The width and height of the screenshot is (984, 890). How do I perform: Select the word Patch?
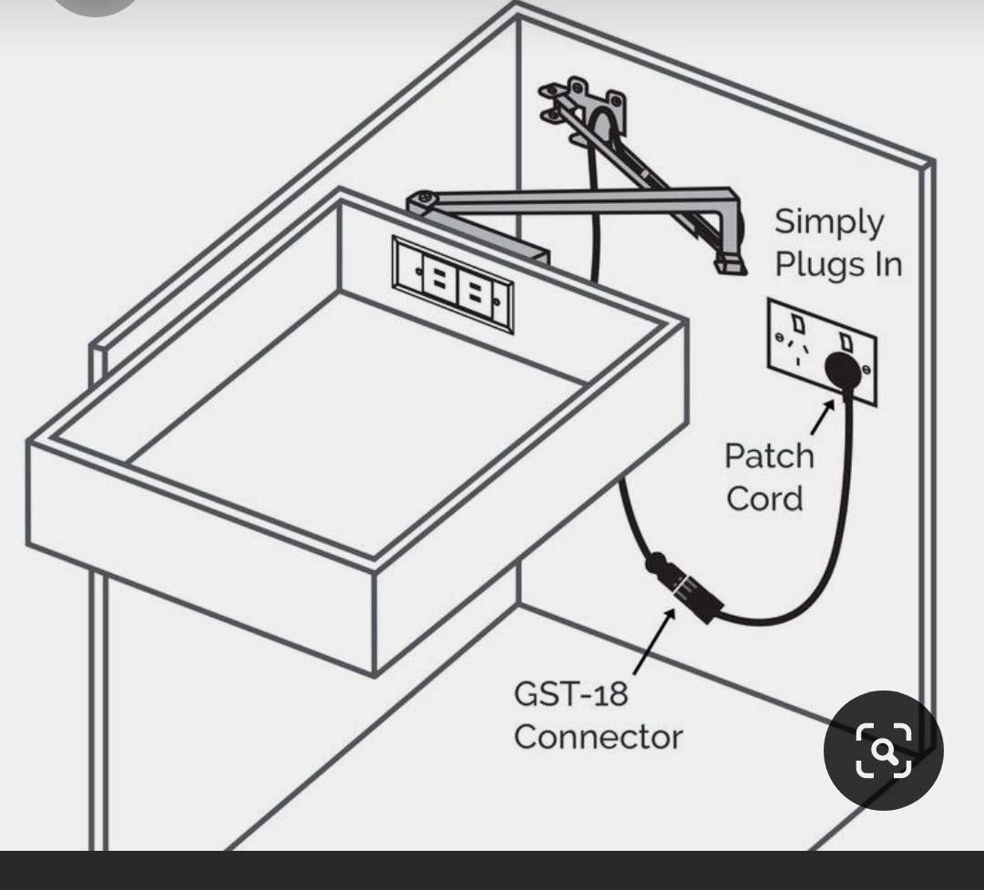coord(769,455)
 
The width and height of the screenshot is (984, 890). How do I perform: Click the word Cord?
coord(764,498)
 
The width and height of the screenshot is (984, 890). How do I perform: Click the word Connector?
coord(597,736)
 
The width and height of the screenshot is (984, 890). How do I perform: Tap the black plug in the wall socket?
coord(843,369)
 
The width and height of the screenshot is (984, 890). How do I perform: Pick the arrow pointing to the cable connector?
coord(654,641)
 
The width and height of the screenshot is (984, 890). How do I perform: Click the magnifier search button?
coord(883,750)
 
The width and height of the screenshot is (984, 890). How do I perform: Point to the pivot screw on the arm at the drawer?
coord(423,199)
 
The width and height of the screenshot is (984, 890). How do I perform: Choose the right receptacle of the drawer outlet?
coord(475,292)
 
